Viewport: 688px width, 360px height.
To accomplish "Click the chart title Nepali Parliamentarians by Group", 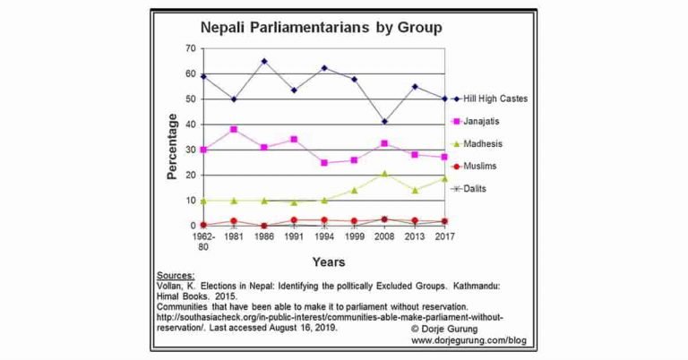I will [320, 28].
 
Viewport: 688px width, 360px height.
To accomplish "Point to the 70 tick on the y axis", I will [191, 48].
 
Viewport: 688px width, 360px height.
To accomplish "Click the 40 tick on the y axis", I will [191, 124].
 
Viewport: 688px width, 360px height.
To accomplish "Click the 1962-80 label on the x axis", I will [204, 243].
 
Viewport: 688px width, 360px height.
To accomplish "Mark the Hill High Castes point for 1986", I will [264, 62].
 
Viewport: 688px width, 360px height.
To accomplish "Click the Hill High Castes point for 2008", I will [384, 122].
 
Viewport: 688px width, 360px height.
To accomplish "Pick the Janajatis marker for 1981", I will [234, 130].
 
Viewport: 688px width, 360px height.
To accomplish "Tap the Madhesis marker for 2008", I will [384, 173].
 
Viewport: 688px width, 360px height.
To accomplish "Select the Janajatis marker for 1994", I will [324, 163].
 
